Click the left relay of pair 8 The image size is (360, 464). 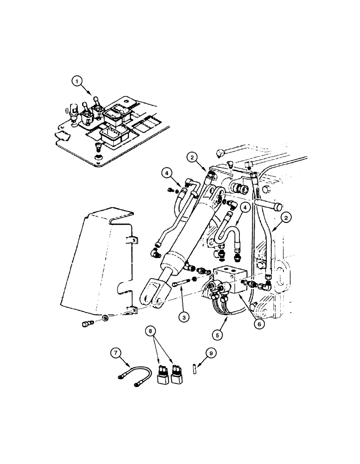[162, 375]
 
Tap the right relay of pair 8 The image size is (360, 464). [176, 374]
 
